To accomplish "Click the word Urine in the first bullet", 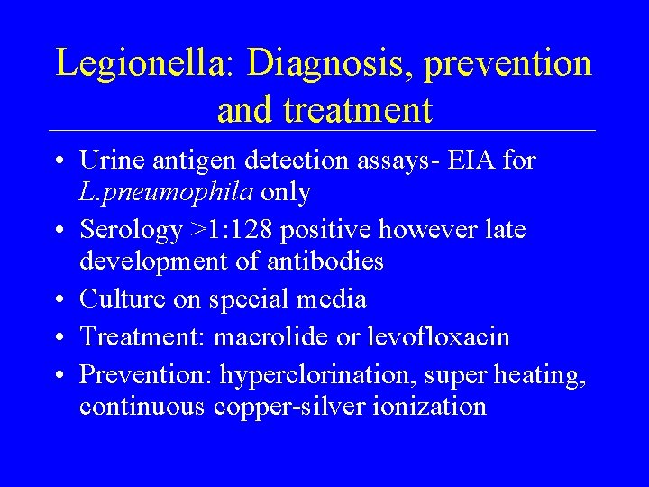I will [106, 161].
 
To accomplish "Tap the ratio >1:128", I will [232, 231].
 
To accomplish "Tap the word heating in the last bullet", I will [544, 373].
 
